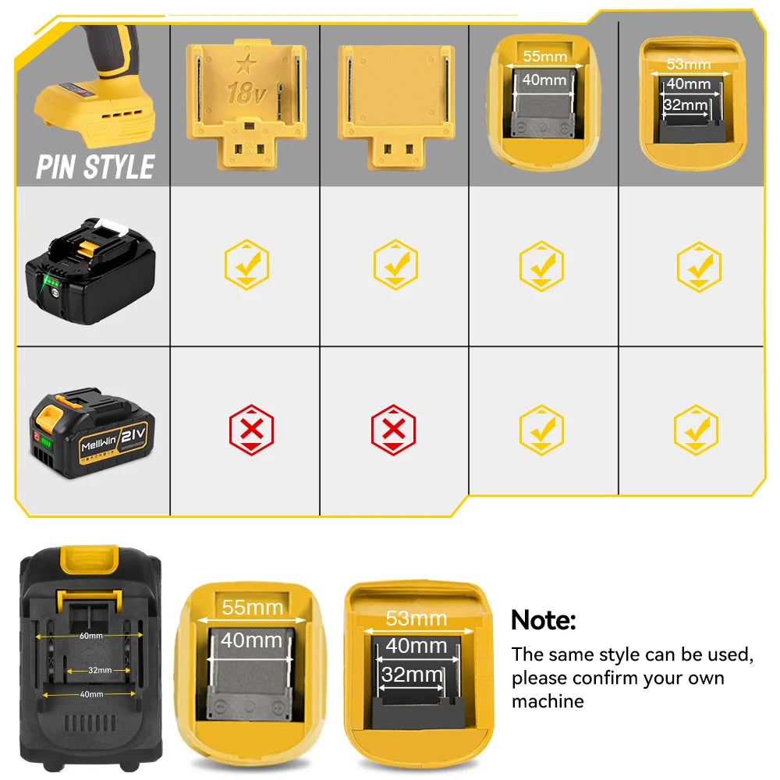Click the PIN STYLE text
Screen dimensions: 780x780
(x=95, y=167)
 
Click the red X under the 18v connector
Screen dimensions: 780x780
(x=251, y=430)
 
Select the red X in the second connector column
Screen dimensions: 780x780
(x=394, y=430)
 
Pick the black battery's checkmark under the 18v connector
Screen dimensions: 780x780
(x=247, y=265)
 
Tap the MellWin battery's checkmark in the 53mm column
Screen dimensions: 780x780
(x=697, y=430)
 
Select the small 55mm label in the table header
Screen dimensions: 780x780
(x=544, y=55)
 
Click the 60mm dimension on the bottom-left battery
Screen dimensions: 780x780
(x=90, y=636)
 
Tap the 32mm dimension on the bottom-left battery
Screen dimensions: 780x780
(x=98, y=670)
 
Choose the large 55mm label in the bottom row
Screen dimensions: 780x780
(x=251, y=608)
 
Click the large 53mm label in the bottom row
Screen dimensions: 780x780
(x=417, y=619)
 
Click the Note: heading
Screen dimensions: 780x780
(x=543, y=621)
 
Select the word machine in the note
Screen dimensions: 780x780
(x=548, y=701)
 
